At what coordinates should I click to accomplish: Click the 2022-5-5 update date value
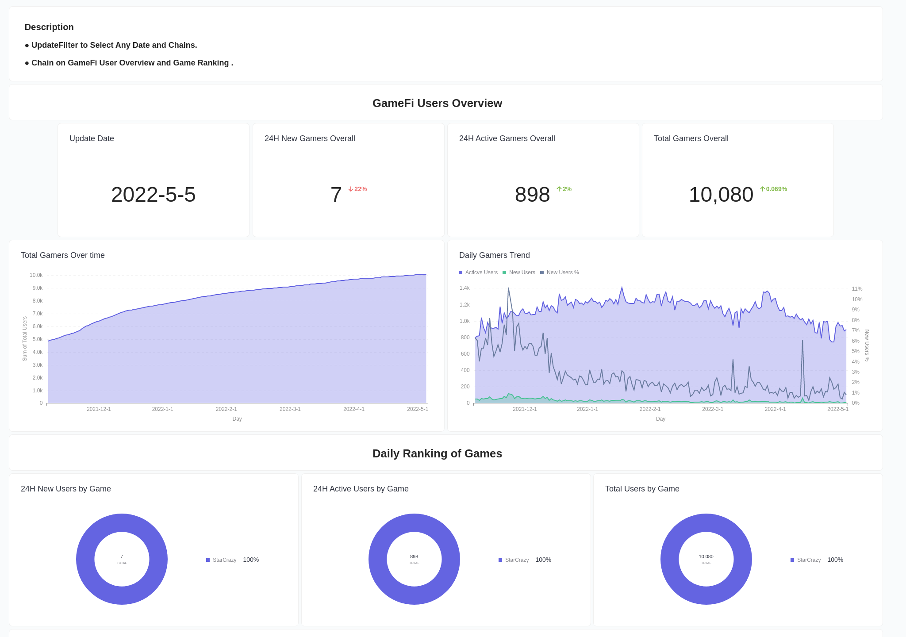(153, 195)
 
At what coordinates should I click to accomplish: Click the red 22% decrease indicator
(357, 189)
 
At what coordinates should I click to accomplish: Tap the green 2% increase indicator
(564, 189)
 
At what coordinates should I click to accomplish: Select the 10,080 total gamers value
(721, 195)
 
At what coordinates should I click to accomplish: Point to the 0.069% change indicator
(774, 189)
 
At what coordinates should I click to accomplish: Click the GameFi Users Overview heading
(437, 103)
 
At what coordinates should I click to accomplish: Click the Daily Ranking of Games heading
(437, 453)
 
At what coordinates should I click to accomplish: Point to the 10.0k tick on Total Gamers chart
(36, 275)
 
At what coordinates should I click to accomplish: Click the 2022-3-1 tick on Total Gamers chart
(290, 409)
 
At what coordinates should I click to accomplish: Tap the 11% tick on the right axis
(857, 289)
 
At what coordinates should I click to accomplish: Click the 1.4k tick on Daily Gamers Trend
(465, 288)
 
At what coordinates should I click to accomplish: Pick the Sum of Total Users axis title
(25, 338)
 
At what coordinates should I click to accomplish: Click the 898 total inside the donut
(414, 557)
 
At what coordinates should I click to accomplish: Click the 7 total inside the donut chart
(122, 557)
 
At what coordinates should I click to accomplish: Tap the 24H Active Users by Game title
(361, 489)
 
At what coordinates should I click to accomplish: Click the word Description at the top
(49, 27)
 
